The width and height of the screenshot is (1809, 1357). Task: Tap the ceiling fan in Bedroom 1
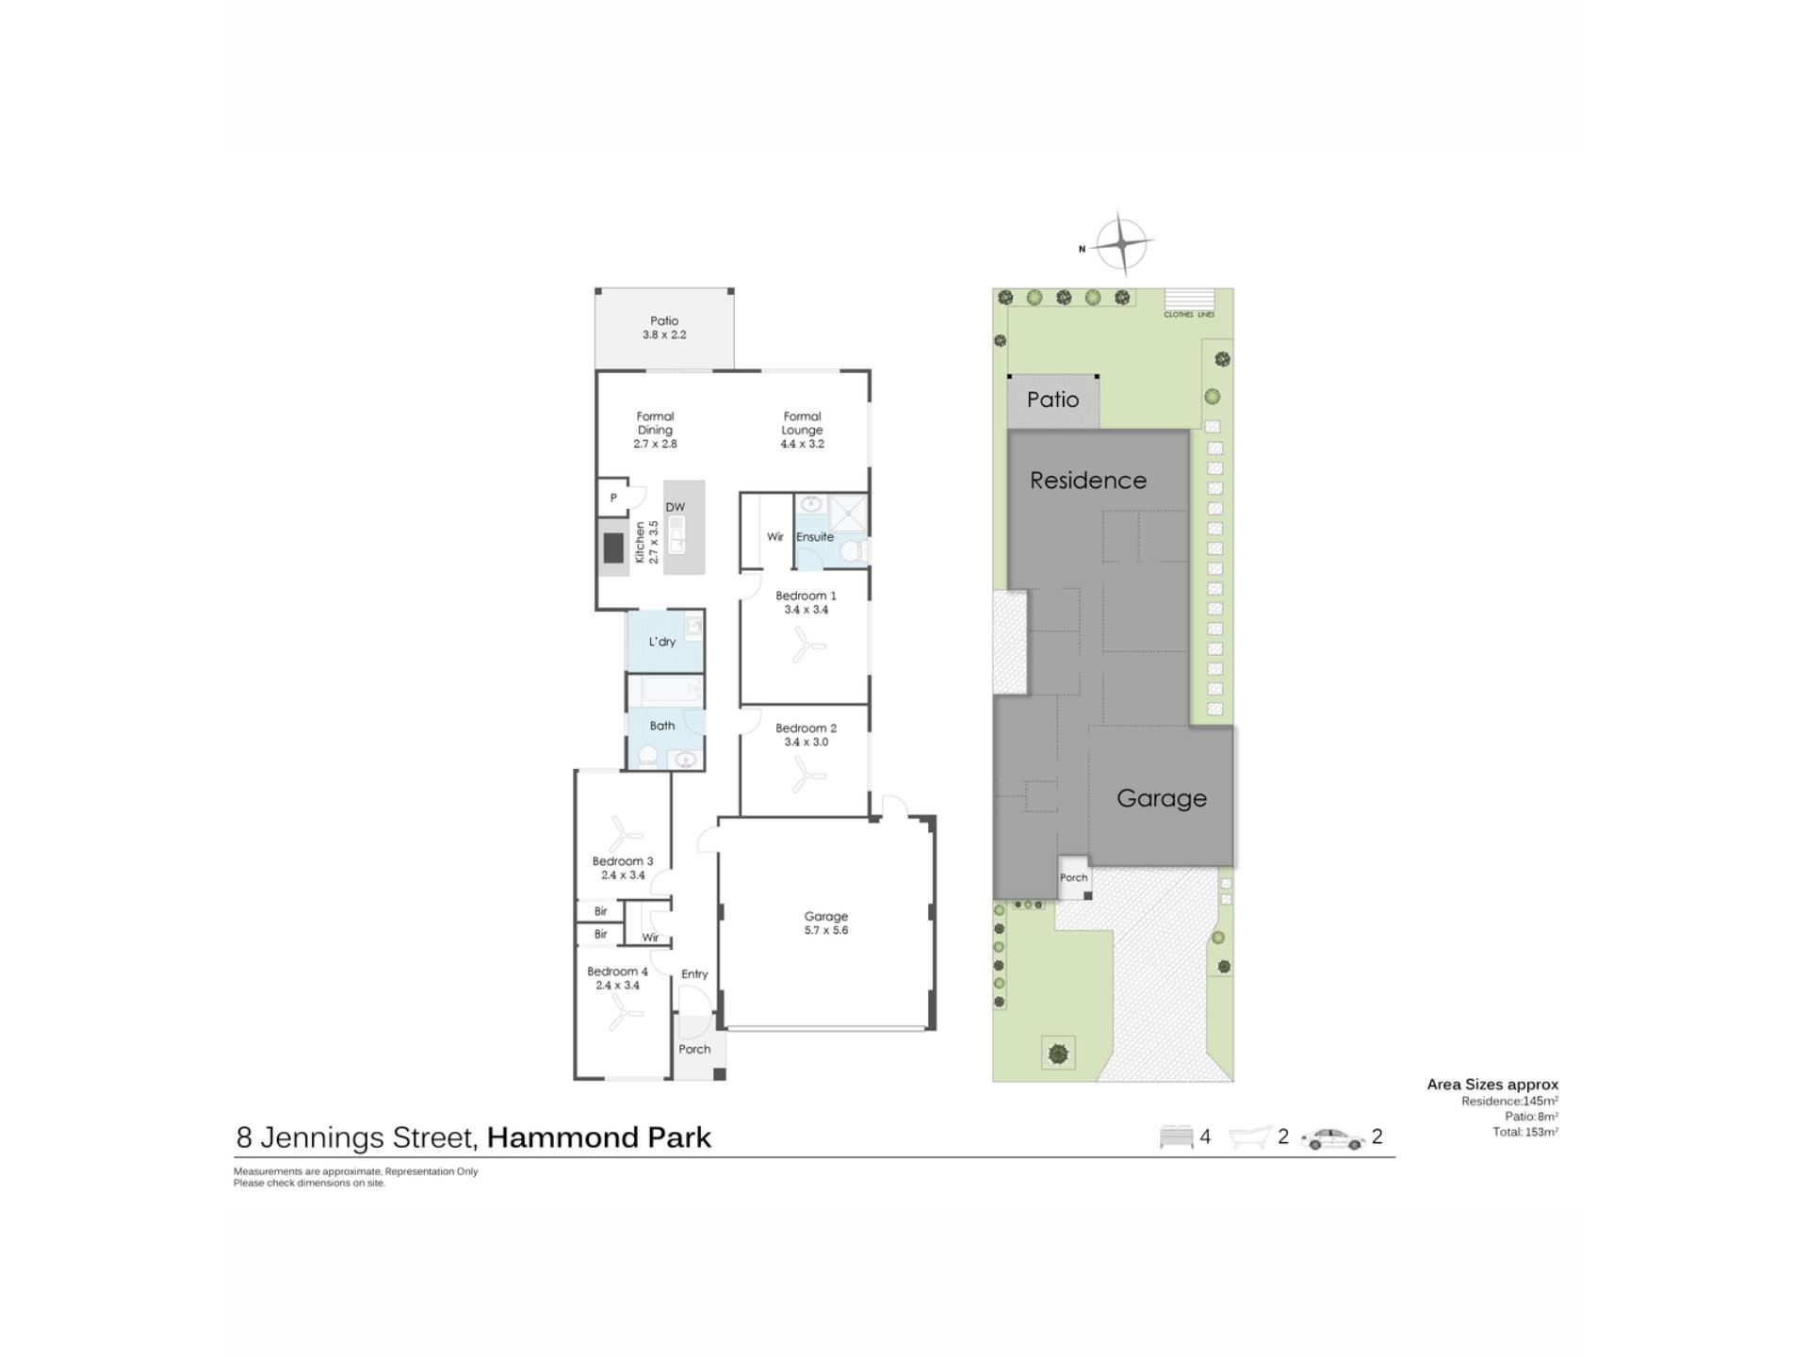point(807,646)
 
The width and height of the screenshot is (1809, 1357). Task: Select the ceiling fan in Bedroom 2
point(807,777)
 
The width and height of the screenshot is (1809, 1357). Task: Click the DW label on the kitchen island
point(676,507)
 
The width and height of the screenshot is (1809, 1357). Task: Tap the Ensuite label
point(815,537)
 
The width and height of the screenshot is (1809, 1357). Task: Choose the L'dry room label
point(662,642)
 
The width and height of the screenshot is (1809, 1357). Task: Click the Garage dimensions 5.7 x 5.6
point(826,930)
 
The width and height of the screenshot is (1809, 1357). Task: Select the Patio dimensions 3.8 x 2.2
point(664,335)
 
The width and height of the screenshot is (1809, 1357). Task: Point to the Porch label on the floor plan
point(694,1049)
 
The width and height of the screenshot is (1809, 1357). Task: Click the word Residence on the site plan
point(1088,481)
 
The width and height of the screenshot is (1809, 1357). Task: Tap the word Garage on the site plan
point(1162,799)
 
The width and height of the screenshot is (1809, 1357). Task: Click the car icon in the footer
point(1333,1139)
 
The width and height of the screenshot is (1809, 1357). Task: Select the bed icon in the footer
point(1177,1137)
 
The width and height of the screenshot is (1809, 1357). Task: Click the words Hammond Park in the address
point(599,1137)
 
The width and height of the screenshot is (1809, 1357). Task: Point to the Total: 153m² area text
point(1525,1132)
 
